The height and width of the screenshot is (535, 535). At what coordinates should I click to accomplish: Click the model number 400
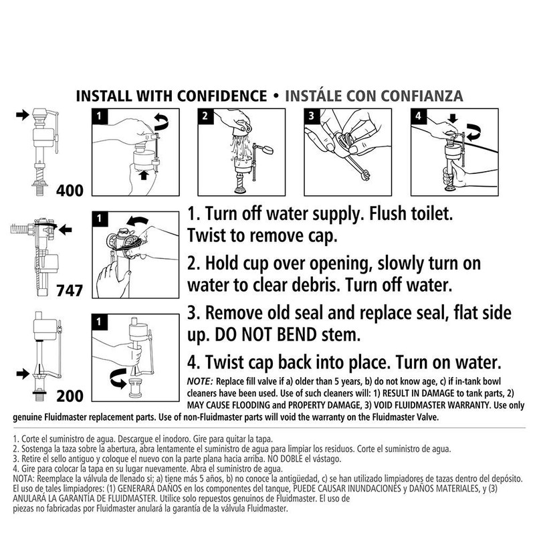pyautogui.click(x=70, y=190)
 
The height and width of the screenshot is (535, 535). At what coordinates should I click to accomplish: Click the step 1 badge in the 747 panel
pyautogui.click(x=99, y=218)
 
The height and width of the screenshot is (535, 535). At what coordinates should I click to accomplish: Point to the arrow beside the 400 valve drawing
pyautogui.click(x=23, y=116)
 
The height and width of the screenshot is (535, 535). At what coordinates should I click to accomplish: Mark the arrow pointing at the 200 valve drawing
pyautogui.click(x=23, y=370)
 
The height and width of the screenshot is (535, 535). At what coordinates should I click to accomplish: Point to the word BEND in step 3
pyautogui.click(x=320, y=332)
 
